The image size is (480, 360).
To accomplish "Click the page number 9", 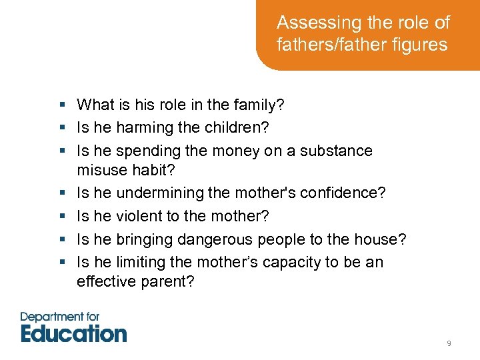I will pos(449,343).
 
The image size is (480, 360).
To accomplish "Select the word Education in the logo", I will pos(73,333).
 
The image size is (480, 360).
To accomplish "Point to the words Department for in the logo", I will pos(60,316).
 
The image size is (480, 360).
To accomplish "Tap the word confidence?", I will pos(343,193).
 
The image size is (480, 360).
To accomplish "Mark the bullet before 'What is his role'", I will pos(61,105).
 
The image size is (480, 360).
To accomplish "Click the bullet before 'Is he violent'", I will pos(61,216).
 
